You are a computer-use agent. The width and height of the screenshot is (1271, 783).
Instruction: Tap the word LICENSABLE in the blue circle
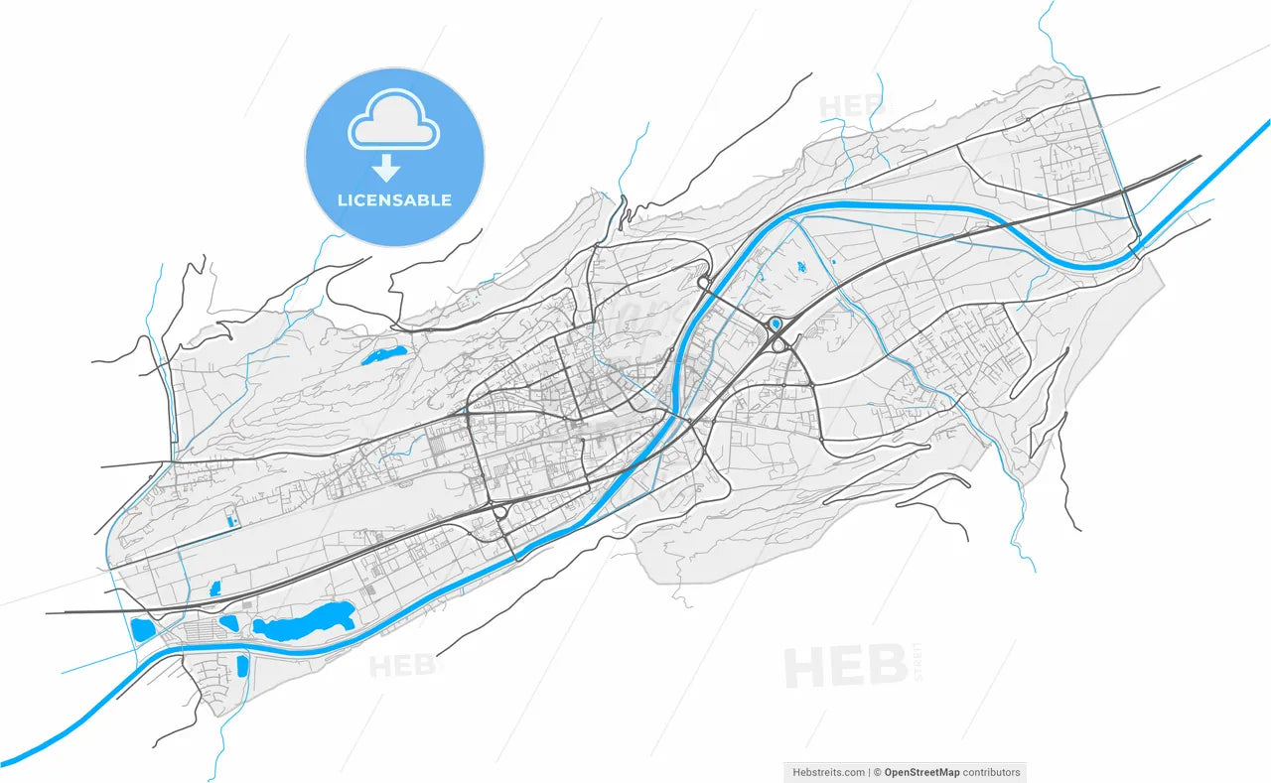point(394,199)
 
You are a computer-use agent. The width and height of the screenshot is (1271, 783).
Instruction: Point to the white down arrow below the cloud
point(385,170)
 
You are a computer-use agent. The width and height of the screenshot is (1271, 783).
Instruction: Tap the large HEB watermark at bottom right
point(844,667)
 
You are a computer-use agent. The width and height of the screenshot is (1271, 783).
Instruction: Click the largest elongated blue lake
point(303,622)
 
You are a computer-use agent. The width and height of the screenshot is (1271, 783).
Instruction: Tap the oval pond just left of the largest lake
point(229,623)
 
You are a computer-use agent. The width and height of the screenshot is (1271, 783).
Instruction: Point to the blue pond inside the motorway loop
point(776,324)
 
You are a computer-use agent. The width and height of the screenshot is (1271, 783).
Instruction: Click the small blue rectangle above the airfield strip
point(232,520)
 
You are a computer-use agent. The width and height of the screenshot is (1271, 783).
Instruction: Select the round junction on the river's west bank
point(703,284)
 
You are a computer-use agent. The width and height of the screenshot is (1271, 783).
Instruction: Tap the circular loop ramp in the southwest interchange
point(498,512)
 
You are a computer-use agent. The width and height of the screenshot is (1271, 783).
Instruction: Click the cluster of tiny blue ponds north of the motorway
point(801,267)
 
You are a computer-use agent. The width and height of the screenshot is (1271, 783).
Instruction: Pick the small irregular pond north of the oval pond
point(214,589)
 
